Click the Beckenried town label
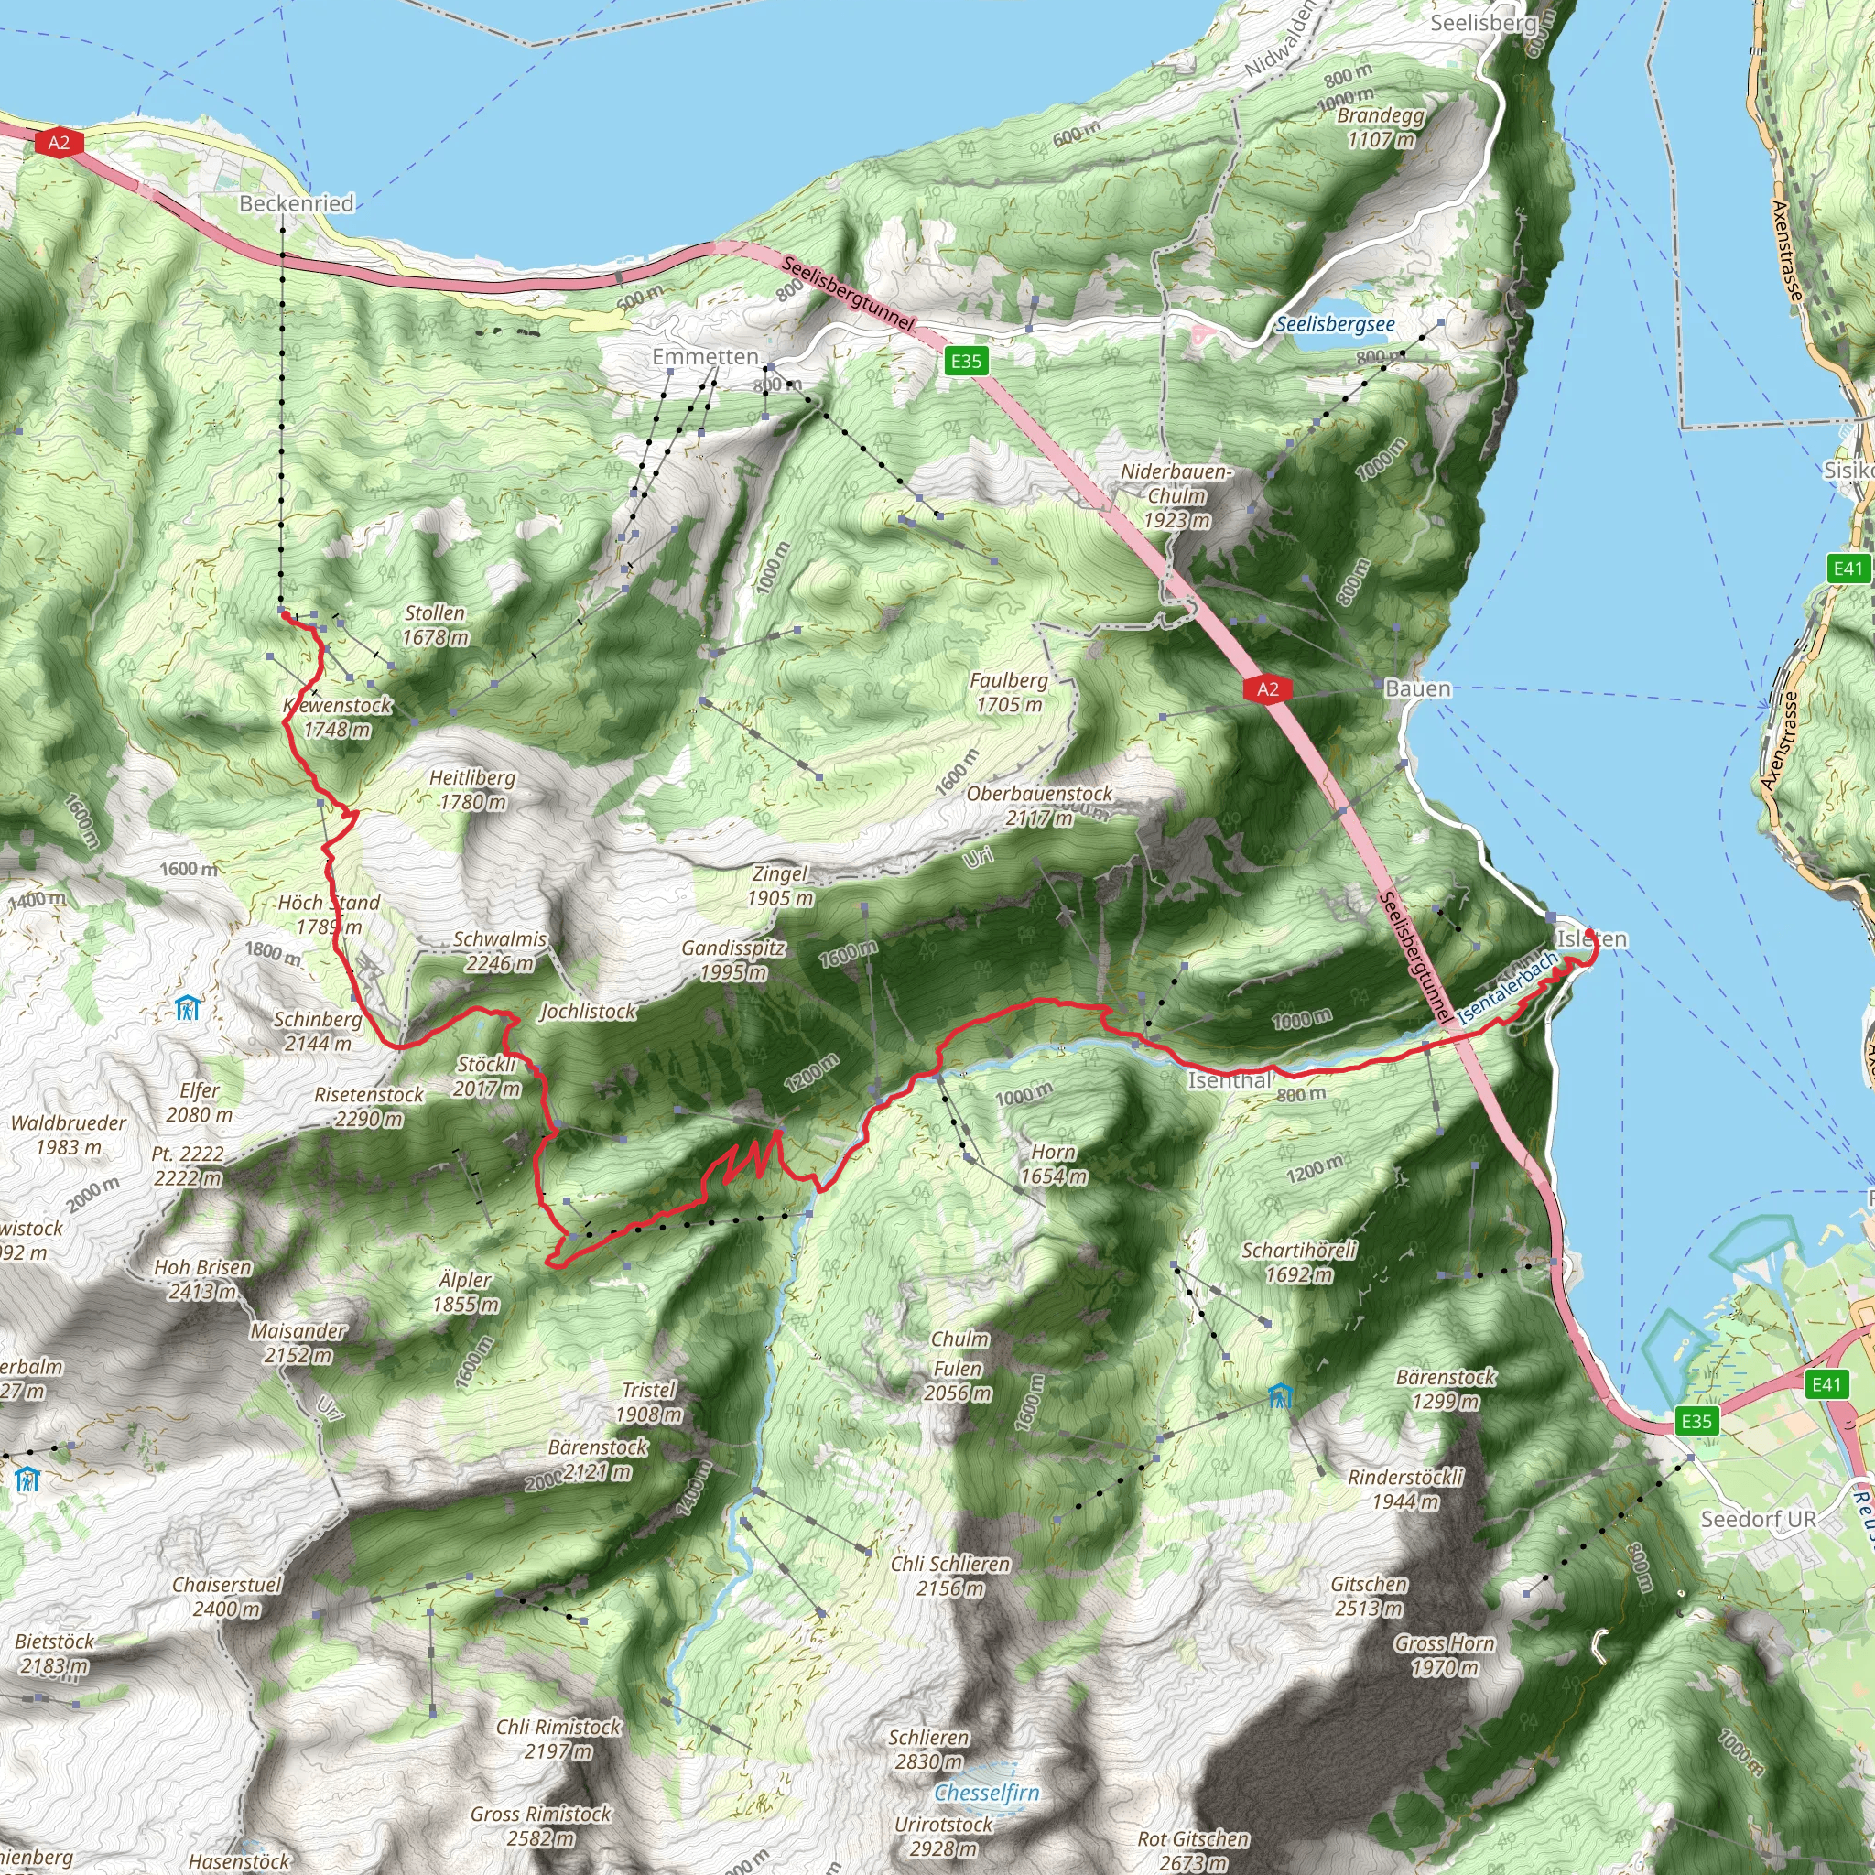tap(296, 204)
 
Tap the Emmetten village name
tap(705, 357)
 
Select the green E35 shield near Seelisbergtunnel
tap(966, 362)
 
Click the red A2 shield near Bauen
tap(1267, 689)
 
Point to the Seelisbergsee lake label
tap(1335, 324)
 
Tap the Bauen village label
tap(1418, 689)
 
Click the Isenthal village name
tap(1230, 1080)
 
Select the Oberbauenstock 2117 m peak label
tap(1039, 806)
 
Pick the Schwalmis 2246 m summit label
tap(500, 951)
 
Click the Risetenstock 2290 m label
tap(369, 1106)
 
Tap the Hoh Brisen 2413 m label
tap(203, 1279)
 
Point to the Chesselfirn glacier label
tap(986, 1793)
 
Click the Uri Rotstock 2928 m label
tap(943, 1837)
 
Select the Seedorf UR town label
tap(1758, 1519)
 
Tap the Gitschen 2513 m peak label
tap(1369, 1597)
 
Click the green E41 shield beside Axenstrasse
tap(1848, 568)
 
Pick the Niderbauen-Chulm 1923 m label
tap(1176, 496)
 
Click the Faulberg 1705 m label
tap(1008, 692)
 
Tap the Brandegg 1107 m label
tap(1380, 127)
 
